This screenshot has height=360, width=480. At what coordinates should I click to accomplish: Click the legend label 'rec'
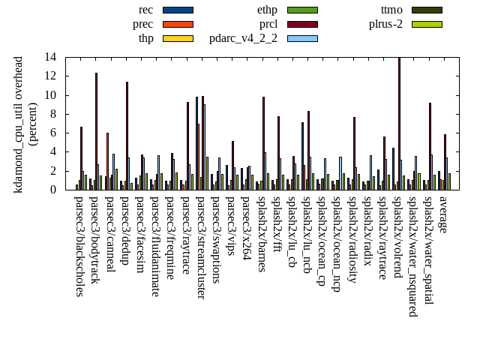tap(146, 10)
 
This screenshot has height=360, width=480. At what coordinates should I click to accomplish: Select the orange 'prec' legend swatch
tap(178, 24)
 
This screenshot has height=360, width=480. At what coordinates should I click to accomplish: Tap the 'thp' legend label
tap(146, 38)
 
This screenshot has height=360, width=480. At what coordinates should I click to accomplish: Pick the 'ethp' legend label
tap(267, 10)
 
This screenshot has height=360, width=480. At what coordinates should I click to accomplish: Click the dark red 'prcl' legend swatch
tap(302, 24)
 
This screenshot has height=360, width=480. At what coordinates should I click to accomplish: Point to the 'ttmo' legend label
tap(391, 10)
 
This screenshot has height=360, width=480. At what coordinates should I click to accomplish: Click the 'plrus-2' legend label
tap(385, 24)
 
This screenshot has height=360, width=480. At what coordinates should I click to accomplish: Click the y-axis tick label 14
tap(50, 57)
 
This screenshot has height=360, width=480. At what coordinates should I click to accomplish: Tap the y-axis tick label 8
tap(53, 114)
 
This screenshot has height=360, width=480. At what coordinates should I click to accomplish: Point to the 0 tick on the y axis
tap(53, 190)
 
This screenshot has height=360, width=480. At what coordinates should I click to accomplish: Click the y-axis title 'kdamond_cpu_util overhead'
tap(19, 124)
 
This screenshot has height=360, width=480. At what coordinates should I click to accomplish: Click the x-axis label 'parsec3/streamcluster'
tap(200, 247)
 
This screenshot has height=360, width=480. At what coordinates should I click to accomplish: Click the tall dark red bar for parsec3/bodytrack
tap(96, 131)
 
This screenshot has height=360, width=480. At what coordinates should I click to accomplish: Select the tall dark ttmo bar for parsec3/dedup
tap(127, 136)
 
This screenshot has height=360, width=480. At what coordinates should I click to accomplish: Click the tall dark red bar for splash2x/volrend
tap(399, 124)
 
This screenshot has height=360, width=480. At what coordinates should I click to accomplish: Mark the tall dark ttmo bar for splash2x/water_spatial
tap(430, 146)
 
